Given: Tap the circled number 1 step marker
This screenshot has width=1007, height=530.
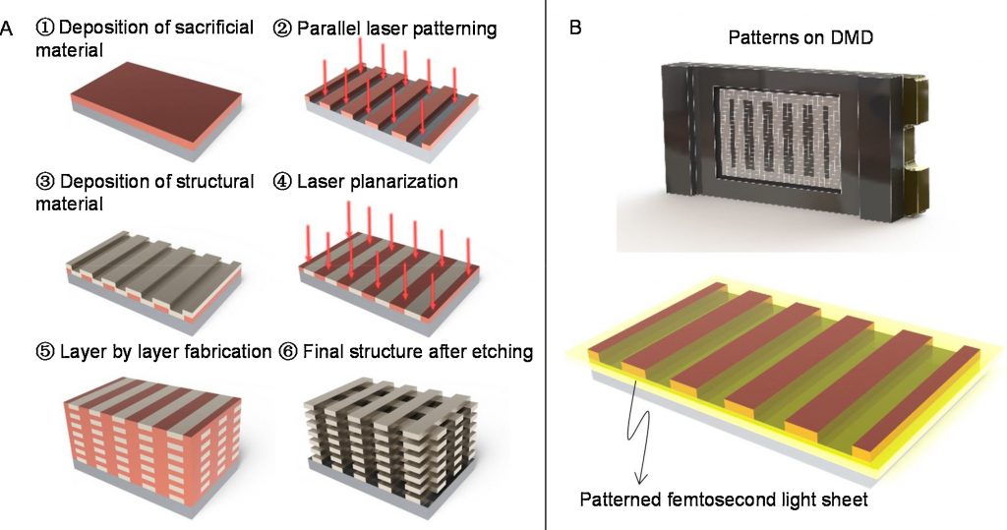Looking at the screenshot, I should pos(44,28).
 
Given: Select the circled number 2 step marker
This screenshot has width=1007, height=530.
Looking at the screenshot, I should pos(282,28).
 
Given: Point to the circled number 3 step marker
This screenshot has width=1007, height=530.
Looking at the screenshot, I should pos(44,182).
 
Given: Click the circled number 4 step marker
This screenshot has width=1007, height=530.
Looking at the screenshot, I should pos(282,182).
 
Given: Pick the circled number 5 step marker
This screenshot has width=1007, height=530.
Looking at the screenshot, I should pos(44,351).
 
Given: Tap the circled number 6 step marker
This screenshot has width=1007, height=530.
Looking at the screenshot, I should pos(282,351).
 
